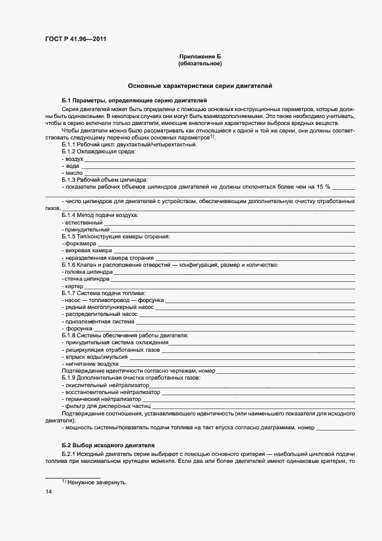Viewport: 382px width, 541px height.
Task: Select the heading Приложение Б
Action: click(x=200, y=56)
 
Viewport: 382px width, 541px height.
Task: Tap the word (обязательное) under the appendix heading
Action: click(x=200, y=63)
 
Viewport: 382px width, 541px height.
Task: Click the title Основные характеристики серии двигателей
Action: click(x=200, y=86)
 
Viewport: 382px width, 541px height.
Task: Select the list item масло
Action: click(x=73, y=172)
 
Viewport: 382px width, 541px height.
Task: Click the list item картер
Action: click(x=74, y=286)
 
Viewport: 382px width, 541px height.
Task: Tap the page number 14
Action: click(x=49, y=491)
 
